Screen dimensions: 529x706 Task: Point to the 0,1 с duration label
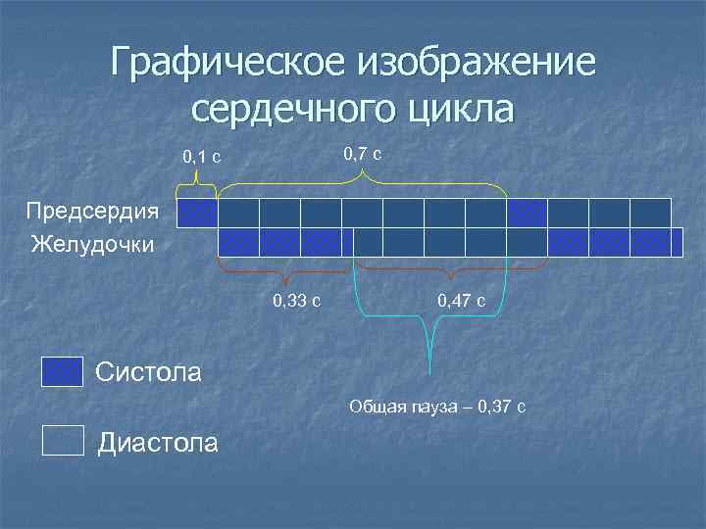tap(201, 157)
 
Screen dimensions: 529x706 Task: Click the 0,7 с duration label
tap(362, 154)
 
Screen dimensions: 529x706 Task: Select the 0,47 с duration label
tap(461, 300)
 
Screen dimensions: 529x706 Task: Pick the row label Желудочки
tap(93, 242)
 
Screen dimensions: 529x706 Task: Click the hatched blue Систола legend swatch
tap(63, 372)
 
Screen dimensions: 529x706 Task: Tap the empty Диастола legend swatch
tap(63, 442)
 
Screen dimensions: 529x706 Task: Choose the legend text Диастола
tap(158, 443)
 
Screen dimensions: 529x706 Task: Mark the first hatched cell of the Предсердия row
tap(196, 213)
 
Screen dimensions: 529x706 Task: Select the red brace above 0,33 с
tap(285, 268)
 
